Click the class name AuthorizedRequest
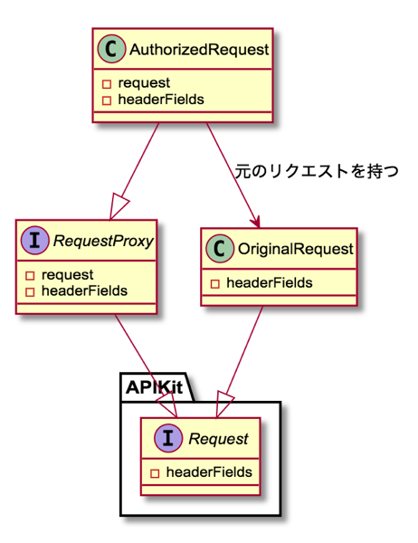[x=199, y=50]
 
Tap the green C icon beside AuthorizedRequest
[x=111, y=49]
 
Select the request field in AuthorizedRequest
[x=144, y=83]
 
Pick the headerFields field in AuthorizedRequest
[x=161, y=100]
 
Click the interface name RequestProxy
[x=103, y=241]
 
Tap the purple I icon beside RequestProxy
[x=34, y=241]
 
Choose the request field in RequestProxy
[x=67, y=275]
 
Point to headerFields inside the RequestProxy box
[x=84, y=291]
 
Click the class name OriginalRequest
[x=296, y=249]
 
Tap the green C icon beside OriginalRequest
[x=220, y=248]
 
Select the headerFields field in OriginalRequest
[x=270, y=283]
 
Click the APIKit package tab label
[x=154, y=387]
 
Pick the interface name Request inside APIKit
[x=218, y=439]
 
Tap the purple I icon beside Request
[x=168, y=438]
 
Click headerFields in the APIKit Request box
[x=209, y=472]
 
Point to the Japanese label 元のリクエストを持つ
[x=317, y=171]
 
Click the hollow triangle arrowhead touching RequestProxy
[x=119, y=207]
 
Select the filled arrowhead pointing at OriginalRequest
[x=255, y=221]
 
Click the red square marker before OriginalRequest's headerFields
[x=215, y=284]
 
